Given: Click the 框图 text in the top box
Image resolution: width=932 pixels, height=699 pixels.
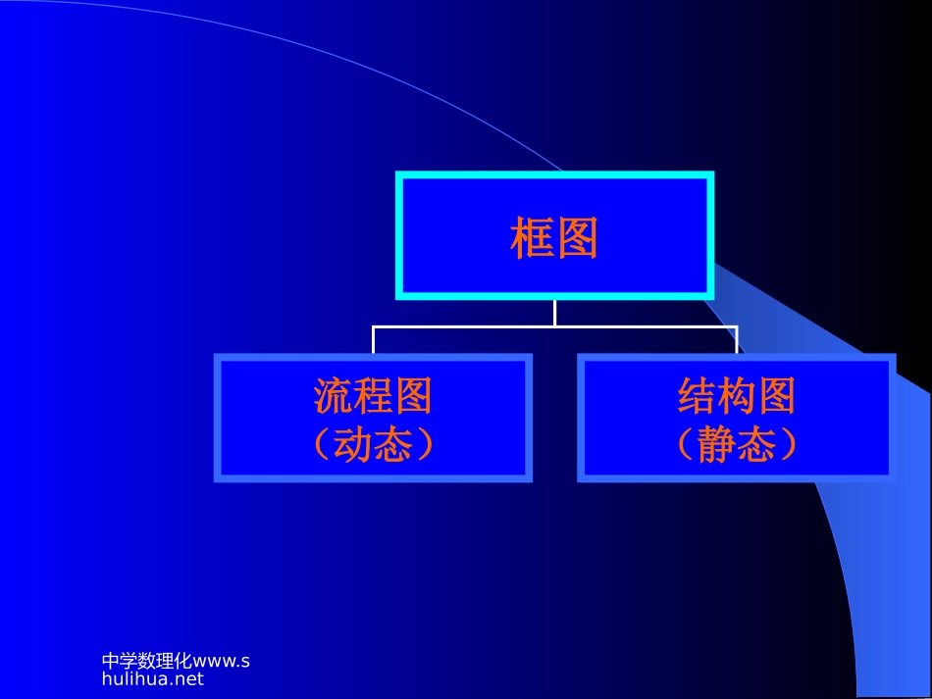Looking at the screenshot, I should coord(554,238).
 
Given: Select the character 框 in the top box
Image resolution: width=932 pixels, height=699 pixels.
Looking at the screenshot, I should coord(533,238).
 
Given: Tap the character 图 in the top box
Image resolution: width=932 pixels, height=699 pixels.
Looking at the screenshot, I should coord(577,238).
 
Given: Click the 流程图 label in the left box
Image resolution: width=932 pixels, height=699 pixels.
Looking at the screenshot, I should coord(373,396).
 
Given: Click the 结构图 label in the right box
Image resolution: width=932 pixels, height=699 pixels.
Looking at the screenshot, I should coord(736,396).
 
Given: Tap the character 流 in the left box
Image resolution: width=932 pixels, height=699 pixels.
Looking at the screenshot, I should coord(334,396).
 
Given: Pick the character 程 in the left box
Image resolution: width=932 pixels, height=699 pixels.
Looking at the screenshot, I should coord(373,396).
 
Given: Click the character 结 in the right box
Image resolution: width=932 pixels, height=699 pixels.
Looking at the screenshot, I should coord(697,396).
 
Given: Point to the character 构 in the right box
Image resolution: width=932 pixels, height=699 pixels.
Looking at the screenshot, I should coord(736,396).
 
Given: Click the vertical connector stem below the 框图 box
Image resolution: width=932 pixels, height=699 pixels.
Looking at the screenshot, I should coord(554,312).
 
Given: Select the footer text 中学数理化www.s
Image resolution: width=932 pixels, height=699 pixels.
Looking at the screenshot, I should coord(176,661).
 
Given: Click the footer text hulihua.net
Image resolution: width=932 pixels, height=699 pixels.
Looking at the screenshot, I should coord(152,677).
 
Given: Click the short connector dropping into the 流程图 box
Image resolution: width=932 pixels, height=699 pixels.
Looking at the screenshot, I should coord(373,340).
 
